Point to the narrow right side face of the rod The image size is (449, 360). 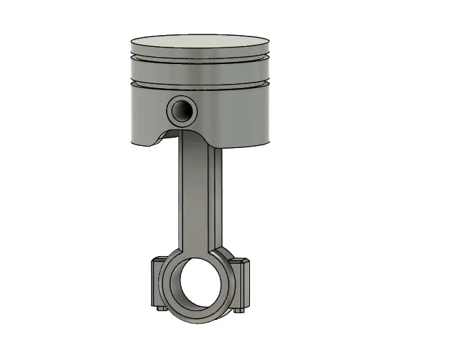click(x=218, y=200)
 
